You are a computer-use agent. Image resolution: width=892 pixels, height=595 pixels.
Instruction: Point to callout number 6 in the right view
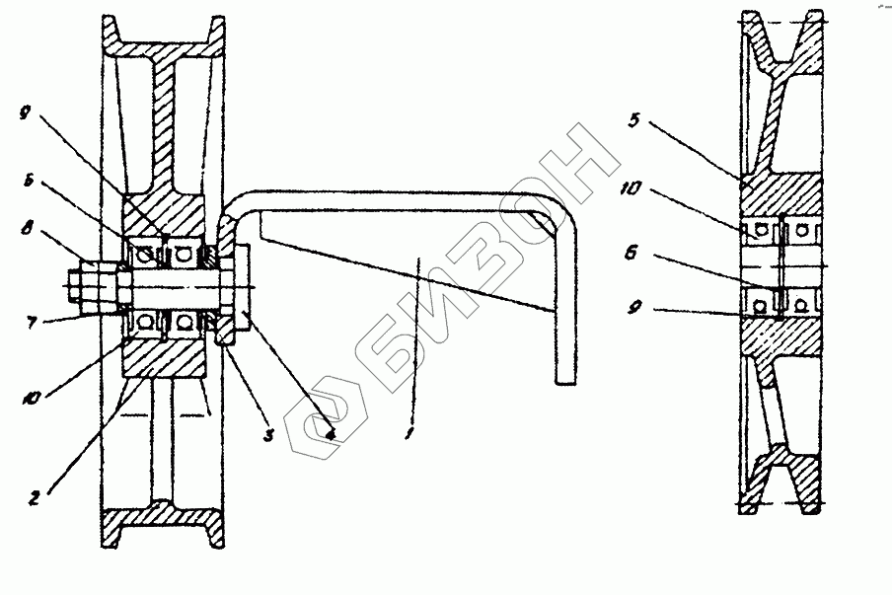click(x=632, y=254)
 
